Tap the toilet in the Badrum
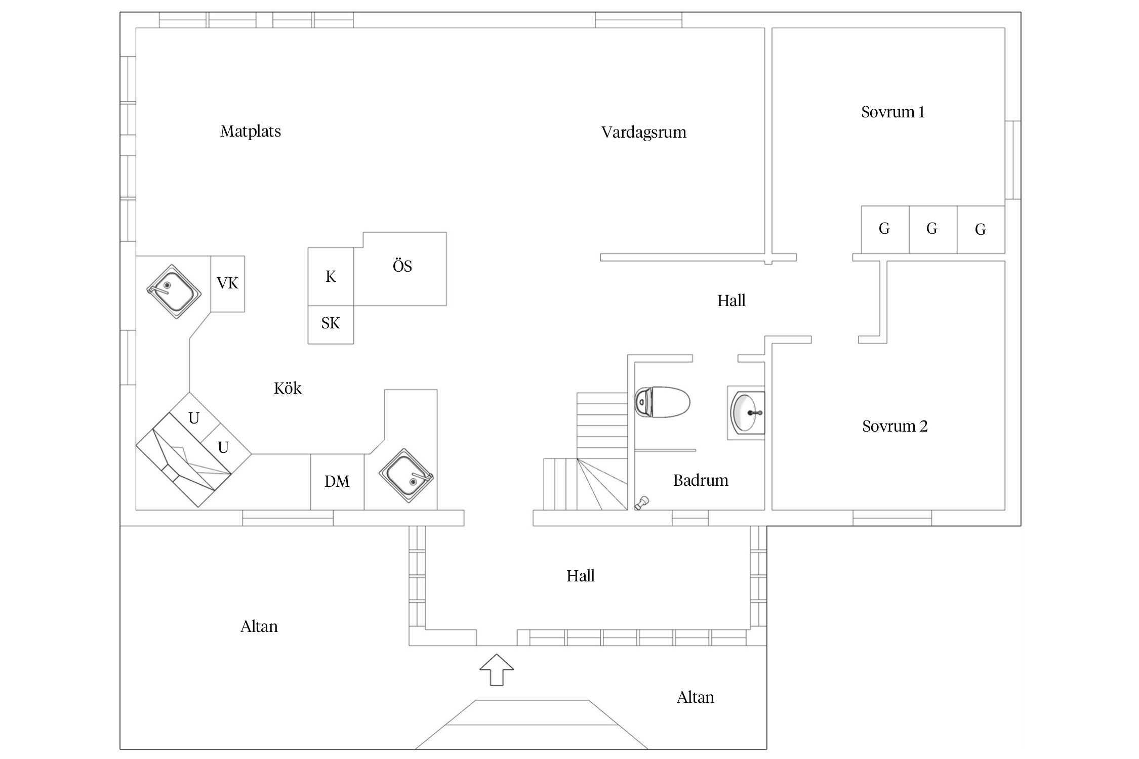point(662,402)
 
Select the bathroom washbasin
point(747,413)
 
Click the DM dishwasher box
point(337,482)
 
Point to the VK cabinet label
point(227,283)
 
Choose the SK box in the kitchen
point(331,324)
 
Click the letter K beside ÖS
point(331,277)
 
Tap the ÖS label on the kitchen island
point(402,266)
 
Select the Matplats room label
point(251,132)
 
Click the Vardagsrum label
point(644,133)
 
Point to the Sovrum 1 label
point(893,112)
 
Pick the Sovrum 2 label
point(895,426)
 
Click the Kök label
point(288,388)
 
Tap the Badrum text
point(701,480)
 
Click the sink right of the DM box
point(406,476)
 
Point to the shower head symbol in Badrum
point(642,502)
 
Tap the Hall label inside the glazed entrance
point(581,576)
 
